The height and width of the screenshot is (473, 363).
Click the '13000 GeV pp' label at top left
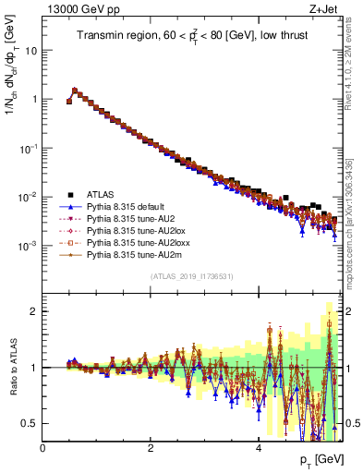click(x=75, y=8)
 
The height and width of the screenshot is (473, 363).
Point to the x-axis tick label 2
click(x=151, y=446)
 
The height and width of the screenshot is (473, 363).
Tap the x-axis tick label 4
click(x=258, y=446)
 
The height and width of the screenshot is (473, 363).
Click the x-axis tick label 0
click(x=43, y=446)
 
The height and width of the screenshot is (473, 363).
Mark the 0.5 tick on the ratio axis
click(x=30, y=423)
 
